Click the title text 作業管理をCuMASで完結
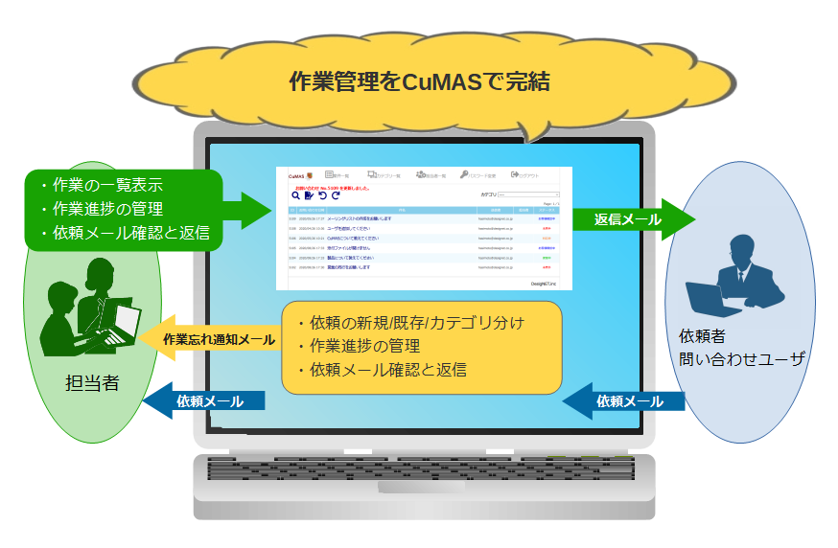(x=419, y=81)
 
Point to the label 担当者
(x=92, y=383)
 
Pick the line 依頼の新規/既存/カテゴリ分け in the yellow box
(x=417, y=323)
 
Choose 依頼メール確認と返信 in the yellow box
(x=387, y=370)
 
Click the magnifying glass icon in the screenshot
(x=296, y=195)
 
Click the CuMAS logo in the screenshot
(x=298, y=176)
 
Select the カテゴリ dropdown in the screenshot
(x=527, y=194)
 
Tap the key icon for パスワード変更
(x=464, y=175)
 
